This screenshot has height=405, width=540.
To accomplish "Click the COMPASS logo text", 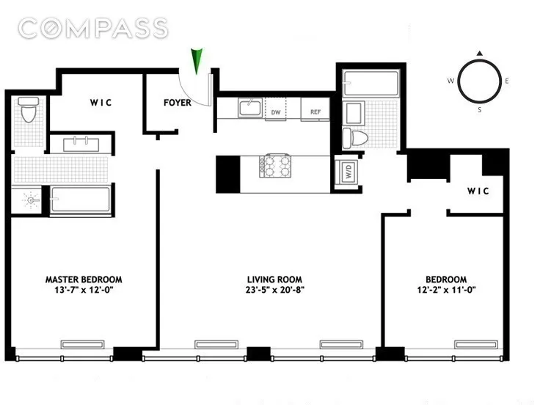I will [93, 29].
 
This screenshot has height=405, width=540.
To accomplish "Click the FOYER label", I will [177, 103].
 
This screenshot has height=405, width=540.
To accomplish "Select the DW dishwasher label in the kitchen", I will [276, 112].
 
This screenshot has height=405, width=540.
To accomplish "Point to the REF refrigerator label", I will [315, 112].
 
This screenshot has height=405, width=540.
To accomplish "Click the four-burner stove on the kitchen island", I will [277, 166].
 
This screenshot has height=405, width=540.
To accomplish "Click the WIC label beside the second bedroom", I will [478, 191].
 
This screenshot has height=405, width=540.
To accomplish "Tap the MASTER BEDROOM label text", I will [84, 280].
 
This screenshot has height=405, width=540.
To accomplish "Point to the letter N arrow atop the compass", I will [479, 54].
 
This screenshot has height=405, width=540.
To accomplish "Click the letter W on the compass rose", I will [450, 81].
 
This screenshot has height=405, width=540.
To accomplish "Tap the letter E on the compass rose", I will [507, 81].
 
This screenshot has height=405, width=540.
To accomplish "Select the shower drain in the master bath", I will [29, 199].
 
